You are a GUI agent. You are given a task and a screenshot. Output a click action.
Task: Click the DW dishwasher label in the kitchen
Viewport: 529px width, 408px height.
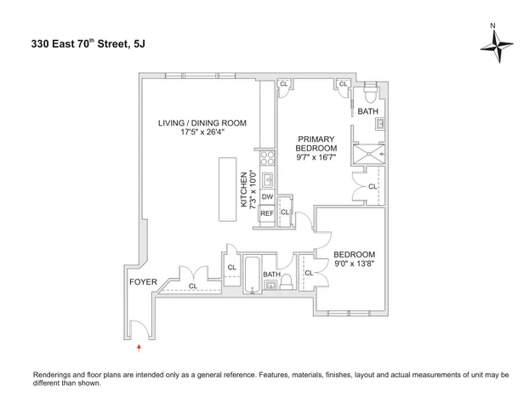(x=266, y=196)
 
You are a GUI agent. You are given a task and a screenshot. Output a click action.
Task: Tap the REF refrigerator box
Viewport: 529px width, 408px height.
(x=266, y=213)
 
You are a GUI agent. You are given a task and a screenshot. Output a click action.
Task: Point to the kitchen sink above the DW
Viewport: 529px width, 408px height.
(x=266, y=178)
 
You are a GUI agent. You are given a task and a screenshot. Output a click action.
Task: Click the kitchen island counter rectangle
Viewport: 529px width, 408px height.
(x=228, y=190)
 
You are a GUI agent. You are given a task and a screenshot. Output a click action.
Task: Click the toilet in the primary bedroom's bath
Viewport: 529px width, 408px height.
(x=368, y=94)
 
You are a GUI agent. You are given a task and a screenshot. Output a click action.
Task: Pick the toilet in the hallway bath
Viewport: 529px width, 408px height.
(x=287, y=280)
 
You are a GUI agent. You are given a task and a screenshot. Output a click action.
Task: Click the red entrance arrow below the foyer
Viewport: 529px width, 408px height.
(x=139, y=347)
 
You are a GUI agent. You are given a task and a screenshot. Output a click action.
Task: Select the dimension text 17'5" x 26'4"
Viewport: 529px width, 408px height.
(x=202, y=133)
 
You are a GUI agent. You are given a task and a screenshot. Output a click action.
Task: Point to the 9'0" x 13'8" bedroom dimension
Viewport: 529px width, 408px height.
(x=354, y=263)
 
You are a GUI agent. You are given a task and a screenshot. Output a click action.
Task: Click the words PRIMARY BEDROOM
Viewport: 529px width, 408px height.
(x=315, y=143)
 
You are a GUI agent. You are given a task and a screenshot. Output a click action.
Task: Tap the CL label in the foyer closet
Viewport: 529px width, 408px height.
(x=192, y=286)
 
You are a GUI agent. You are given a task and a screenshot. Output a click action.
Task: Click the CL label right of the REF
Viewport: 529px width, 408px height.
(x=284, y=212)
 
